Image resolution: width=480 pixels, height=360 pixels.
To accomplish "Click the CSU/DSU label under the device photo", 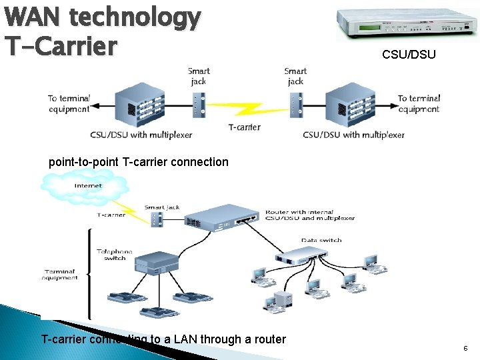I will pos(409,55).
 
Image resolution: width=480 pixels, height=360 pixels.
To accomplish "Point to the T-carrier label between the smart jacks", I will pos(244,127).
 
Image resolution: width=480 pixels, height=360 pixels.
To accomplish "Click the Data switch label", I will pos(321,240).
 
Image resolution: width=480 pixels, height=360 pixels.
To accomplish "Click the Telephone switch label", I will pos(115,255).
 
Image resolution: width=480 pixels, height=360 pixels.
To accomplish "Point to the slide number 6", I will pos(465,348).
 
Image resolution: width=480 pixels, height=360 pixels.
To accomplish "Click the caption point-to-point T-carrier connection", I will pos(139,162).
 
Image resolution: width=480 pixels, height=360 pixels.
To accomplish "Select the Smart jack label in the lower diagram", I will pos(162,207).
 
